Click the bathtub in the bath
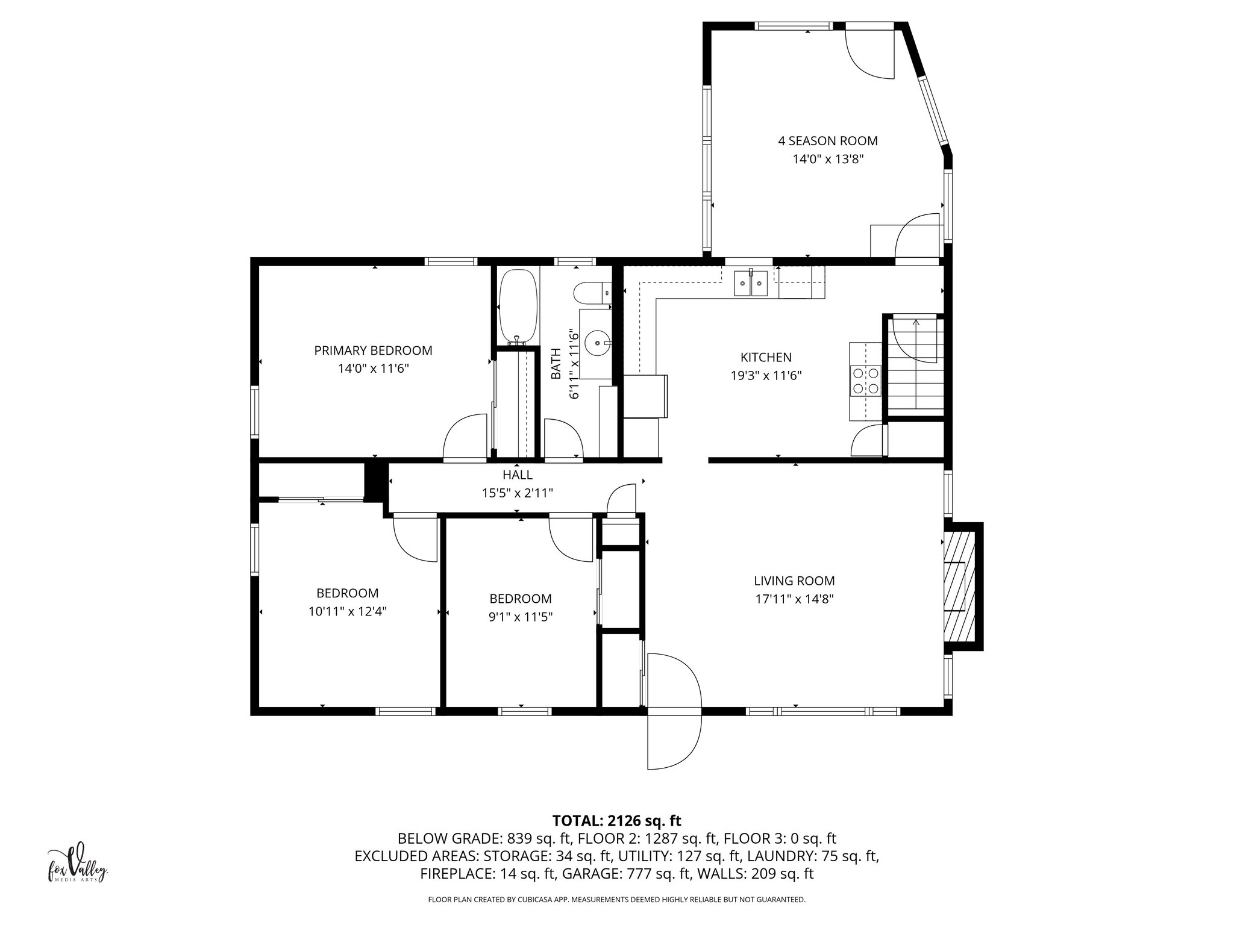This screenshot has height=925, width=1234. (x=518, y=305)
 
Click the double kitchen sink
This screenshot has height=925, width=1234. (x=750, y=283)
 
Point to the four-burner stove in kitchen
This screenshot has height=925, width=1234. (x=865, y=381)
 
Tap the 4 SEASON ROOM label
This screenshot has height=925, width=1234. (x=827, y=141)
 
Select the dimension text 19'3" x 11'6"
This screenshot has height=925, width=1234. (x=766, y=376)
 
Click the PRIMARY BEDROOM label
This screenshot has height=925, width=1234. (x=373, y=350)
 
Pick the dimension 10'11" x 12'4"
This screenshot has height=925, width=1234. (x=347, y=611)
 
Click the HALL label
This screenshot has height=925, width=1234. (x=517, y=475)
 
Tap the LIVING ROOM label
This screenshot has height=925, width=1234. (x=794, y=581)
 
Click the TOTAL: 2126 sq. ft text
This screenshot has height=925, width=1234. (x=616, y=821)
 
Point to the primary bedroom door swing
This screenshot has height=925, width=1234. (x=465, y=438)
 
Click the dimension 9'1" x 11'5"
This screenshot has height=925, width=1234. (x=521, y=617)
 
